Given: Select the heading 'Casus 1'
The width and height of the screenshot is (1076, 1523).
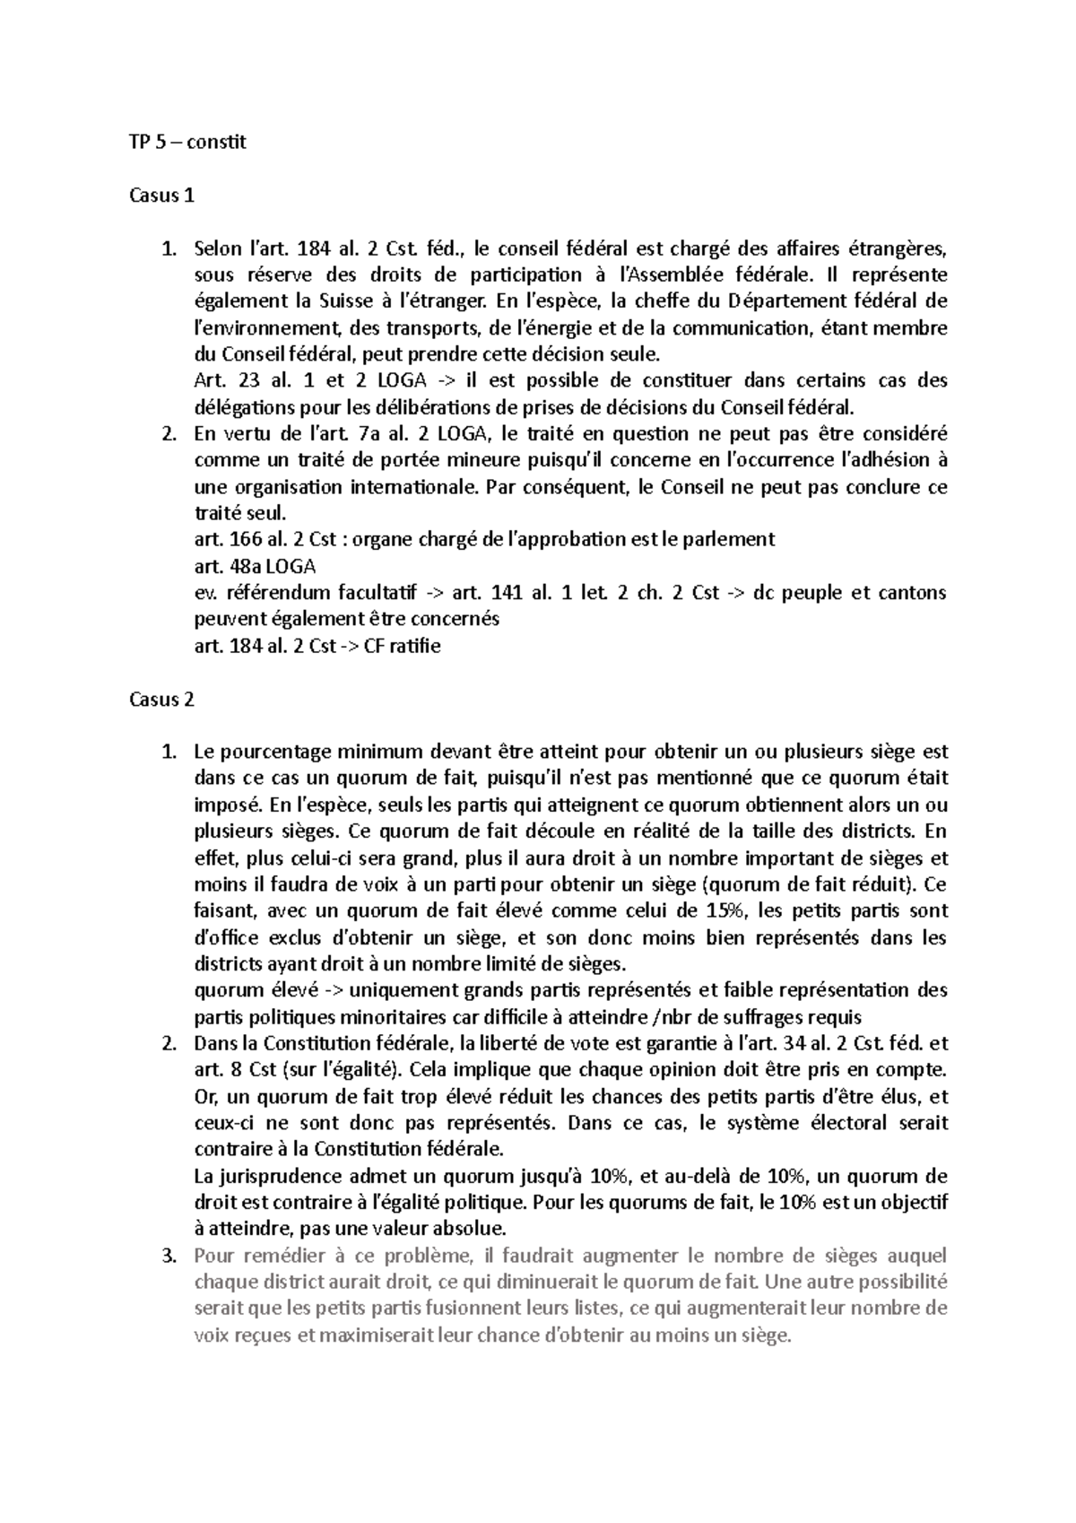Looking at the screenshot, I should pyautogui.click(x=161, y=195).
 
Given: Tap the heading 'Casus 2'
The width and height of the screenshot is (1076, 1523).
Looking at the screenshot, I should pyautogui.click(x=161, y=700).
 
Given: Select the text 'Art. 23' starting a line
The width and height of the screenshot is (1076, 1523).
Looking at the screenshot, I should pyautogui.click(x=221, y=380).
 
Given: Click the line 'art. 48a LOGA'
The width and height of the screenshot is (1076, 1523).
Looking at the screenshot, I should pyautogui.click(x=255, y=566).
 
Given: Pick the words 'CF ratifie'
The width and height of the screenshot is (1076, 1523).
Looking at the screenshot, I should pyautogui.click(x=403, y=646).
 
